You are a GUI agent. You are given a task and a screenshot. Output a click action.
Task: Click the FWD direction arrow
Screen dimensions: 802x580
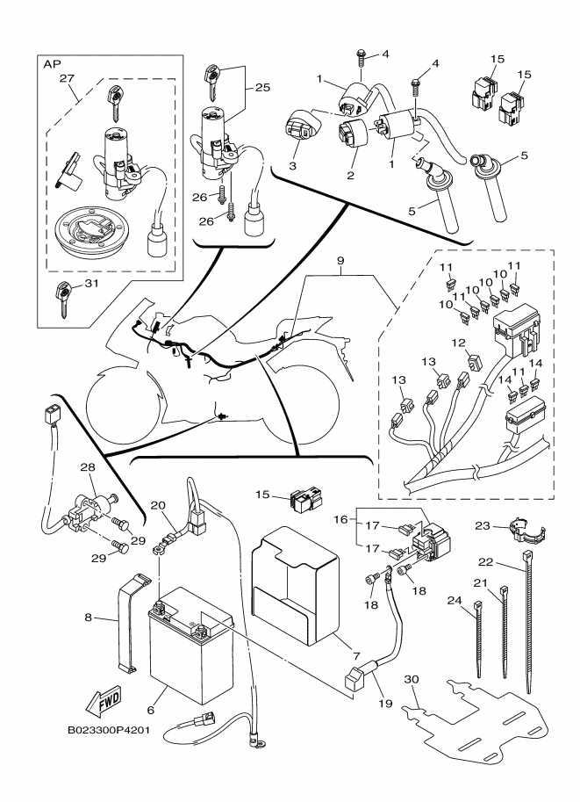click(x=104, y=702)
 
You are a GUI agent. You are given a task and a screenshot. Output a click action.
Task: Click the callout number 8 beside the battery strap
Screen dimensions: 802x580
click(x=88, y=618)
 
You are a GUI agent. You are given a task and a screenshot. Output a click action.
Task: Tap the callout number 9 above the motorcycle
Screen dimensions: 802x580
click(x=341, y=260)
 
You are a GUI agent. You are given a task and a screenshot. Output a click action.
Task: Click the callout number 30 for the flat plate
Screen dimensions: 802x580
click(x=412, y=679)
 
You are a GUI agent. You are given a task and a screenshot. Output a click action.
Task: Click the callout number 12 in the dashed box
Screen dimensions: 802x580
click(x=458, y=342)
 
